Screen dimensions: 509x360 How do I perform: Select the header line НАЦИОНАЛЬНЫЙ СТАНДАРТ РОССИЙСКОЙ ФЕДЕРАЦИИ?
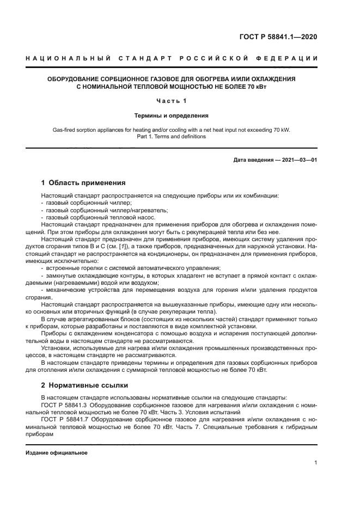pyautogui.click(x=172, y=58)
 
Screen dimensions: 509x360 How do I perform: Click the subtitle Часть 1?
pyautogui.click(x=172, y=101)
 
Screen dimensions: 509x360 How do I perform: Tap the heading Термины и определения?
pyautogui.click(x=172, y=115)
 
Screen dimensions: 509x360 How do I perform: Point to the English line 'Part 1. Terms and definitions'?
pyautogui.click(x=172, y=137)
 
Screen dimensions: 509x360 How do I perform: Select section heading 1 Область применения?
pyautogui.click(x=83, y=182)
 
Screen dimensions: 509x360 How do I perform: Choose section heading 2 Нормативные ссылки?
pyautogui.click(x=84, y=385)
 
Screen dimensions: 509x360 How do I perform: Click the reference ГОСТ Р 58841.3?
pyautogui.click(x=65, y=405)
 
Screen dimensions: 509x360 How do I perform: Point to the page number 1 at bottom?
pyautogui.click(x=316, y=463)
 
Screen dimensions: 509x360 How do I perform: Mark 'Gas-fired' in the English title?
pyautogui.click(x=64, y=130)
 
